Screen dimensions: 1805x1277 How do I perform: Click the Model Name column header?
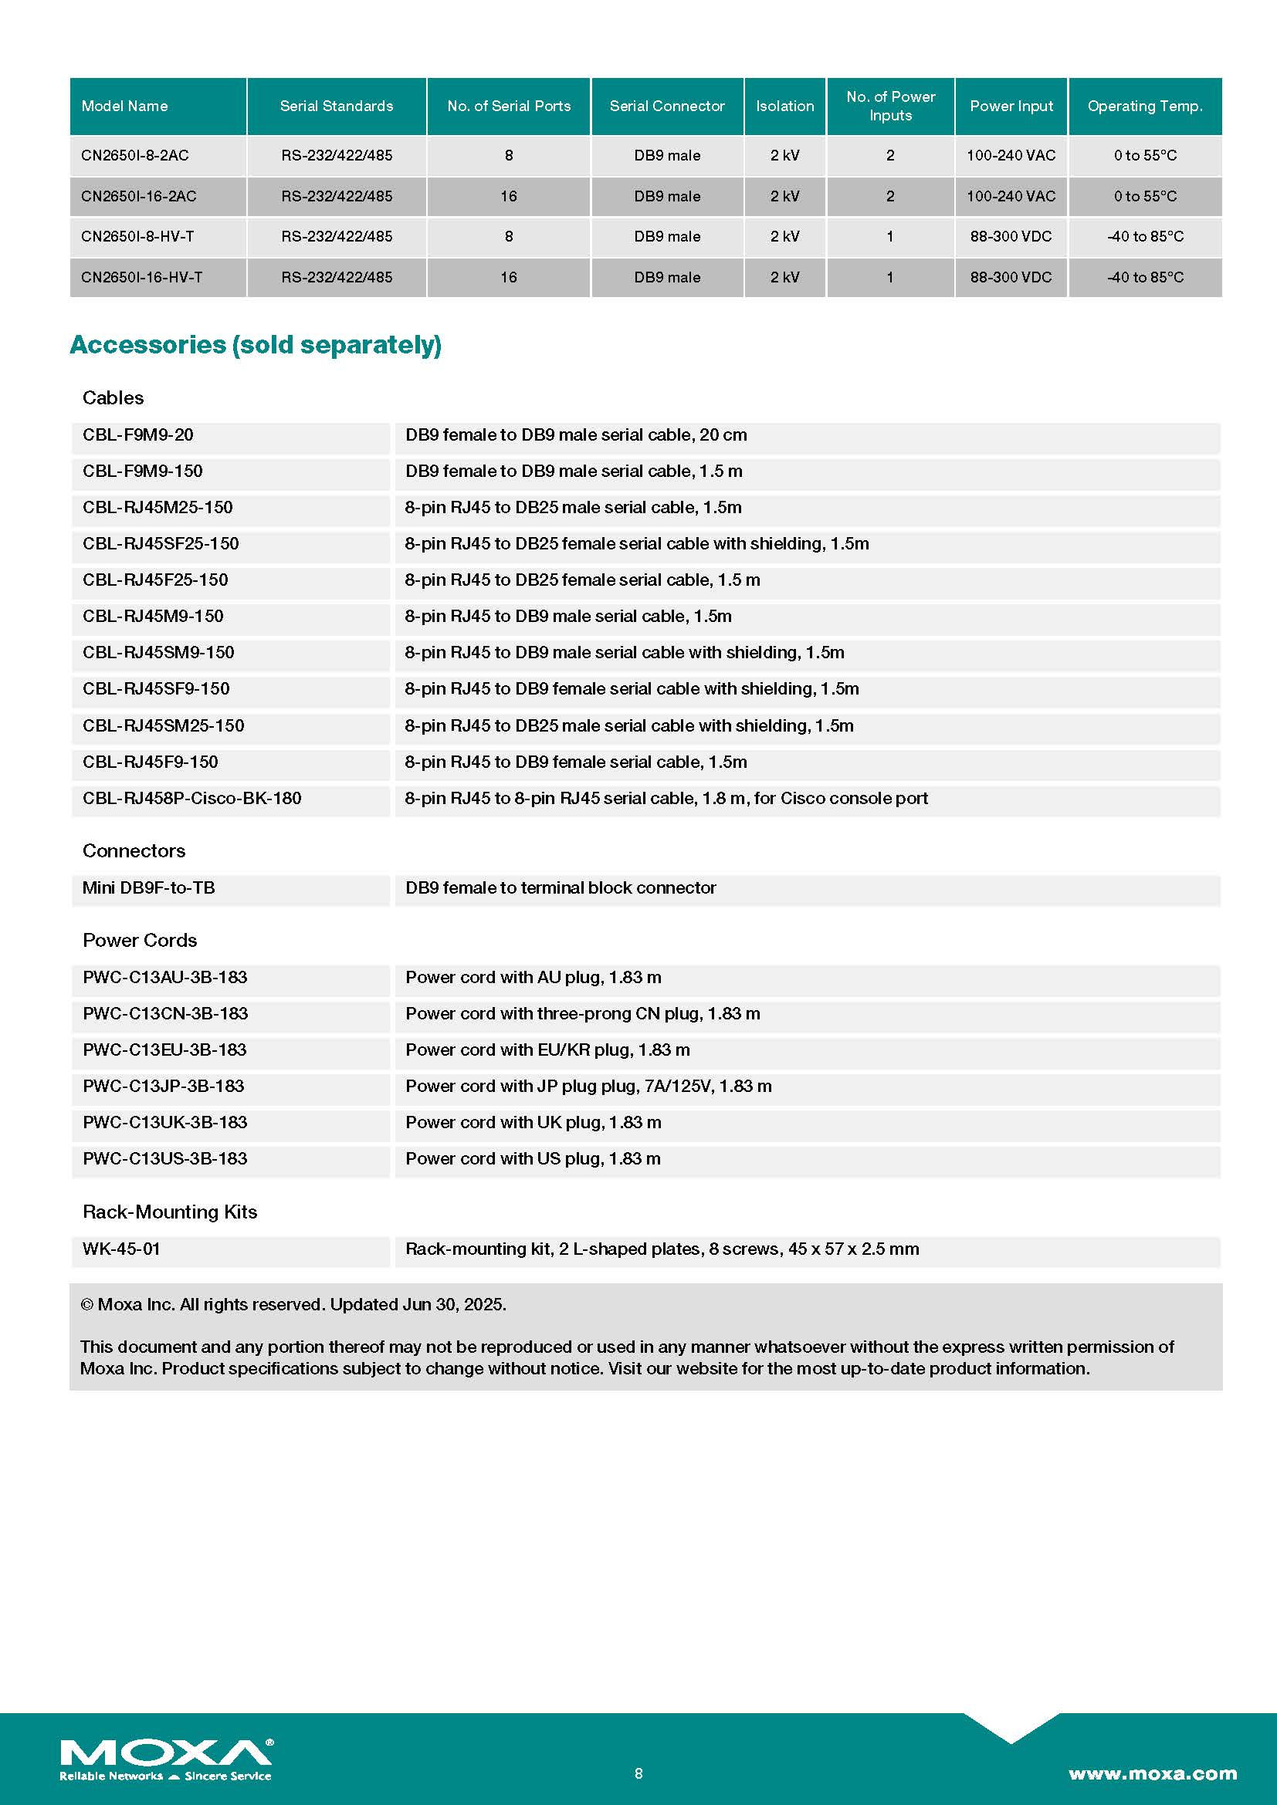click(x=124, y=106)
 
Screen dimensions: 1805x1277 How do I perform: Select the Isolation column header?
click(x=784, y=106)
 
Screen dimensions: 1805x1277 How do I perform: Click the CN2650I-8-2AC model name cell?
click(x=134, y=156)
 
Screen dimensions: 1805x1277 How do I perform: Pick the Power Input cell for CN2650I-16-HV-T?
click(x=1010, y=278)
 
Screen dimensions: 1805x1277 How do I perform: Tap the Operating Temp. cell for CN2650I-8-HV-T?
click(x=1144, y=237)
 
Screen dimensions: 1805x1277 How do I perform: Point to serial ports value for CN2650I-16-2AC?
click(x=508, y=197)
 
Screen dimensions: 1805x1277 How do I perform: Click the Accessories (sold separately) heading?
click(x=256, y=345)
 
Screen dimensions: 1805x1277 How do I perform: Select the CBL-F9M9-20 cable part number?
click(x=137, y=435)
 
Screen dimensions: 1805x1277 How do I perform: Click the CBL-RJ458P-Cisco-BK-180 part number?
click(x=192, y=799)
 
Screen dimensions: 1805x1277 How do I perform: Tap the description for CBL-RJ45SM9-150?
click(x=625, y=653)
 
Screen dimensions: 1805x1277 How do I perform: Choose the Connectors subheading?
click(x=134, y=850)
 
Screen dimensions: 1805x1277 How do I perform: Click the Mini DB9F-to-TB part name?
click(x=148, y=888)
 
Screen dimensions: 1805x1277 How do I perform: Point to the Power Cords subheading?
click(x=139, y=940)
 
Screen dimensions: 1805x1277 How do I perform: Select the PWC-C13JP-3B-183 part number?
click(x=164, y=1087)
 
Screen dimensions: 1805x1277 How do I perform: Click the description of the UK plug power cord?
click(x=533, y=1123)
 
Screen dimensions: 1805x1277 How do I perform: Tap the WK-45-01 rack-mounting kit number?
click(x=121, y=1249)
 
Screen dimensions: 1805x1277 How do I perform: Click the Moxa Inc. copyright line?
click(x=293, y=1305)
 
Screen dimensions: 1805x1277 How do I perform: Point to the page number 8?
click(x=638, y=1773)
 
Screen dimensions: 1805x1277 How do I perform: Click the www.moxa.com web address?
click(x=1152, y=1774)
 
